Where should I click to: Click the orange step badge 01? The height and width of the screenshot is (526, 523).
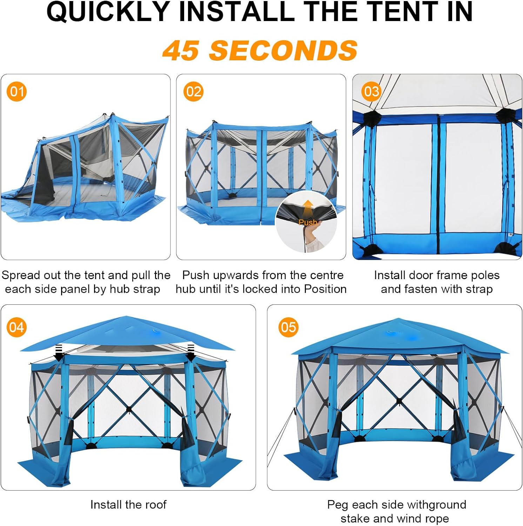17,92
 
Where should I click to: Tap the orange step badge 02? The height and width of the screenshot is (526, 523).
193,92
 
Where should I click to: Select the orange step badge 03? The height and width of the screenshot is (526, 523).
371,92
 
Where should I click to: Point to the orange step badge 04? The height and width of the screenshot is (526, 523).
17,327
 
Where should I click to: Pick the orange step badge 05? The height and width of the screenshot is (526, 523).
288,327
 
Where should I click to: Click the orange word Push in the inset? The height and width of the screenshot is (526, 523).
308,222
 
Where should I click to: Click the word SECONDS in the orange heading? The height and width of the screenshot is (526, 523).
283,50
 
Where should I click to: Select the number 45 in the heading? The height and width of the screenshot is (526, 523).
181,50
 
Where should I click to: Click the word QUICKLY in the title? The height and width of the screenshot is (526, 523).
108,12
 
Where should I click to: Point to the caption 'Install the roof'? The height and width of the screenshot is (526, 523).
128,505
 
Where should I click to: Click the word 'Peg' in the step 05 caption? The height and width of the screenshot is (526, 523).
338,505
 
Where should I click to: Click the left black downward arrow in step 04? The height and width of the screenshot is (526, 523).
59,353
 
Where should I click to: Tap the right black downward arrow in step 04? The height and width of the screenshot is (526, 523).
191,353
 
